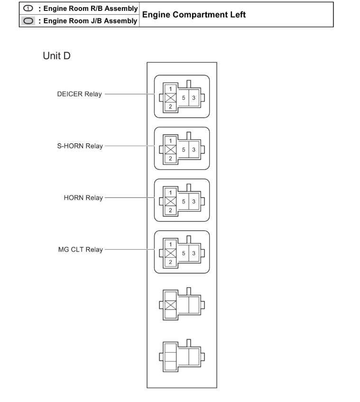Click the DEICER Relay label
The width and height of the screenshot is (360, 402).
tap(79, 94)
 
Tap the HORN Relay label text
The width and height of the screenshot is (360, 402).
tap(83, 197)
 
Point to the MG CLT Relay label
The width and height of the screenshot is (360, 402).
tap(80, 249)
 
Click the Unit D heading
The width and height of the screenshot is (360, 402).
tap(57, 56)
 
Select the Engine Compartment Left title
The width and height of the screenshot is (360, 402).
tap(194, 15)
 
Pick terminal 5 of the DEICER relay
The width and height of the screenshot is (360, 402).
tap(183, 98)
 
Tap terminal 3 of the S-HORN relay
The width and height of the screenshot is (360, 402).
tap(194, 150)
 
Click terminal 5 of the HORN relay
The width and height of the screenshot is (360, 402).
tap(183, 201)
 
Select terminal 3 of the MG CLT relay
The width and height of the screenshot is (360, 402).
tap(194, 253)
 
